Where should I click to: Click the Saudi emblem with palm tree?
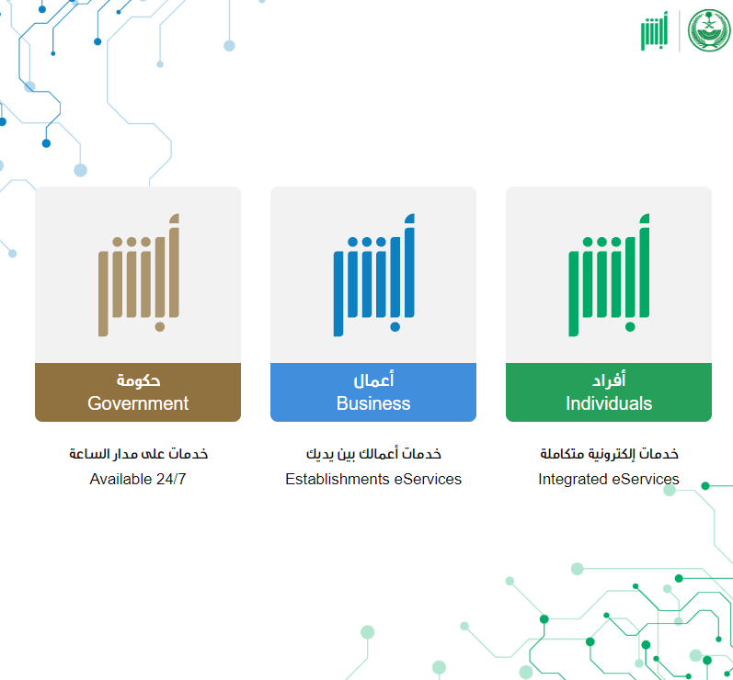point(709,30)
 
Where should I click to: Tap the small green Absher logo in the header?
point(654,31)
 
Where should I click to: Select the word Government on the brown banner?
point(138,403)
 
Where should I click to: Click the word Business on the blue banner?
point(373,403)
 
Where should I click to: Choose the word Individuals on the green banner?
point(609,403)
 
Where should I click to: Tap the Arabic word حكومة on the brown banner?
point(138,380)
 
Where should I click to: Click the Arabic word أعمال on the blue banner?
point(373,380)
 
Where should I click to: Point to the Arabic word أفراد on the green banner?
point(609,380)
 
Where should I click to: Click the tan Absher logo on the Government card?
point(138,275)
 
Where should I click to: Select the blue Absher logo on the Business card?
point(374,275)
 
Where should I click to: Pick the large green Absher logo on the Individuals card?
point(609,275)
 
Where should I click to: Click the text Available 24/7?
point(138,479)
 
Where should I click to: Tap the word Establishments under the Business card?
point(337,479)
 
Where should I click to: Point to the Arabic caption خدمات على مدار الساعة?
point(138,454)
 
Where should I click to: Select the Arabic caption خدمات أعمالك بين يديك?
point(373,454)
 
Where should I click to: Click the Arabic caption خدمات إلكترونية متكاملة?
point(609,454)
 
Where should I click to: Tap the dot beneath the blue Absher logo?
point(395,327)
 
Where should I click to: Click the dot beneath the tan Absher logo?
point(160,327)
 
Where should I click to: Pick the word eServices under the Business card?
point(428,479)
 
